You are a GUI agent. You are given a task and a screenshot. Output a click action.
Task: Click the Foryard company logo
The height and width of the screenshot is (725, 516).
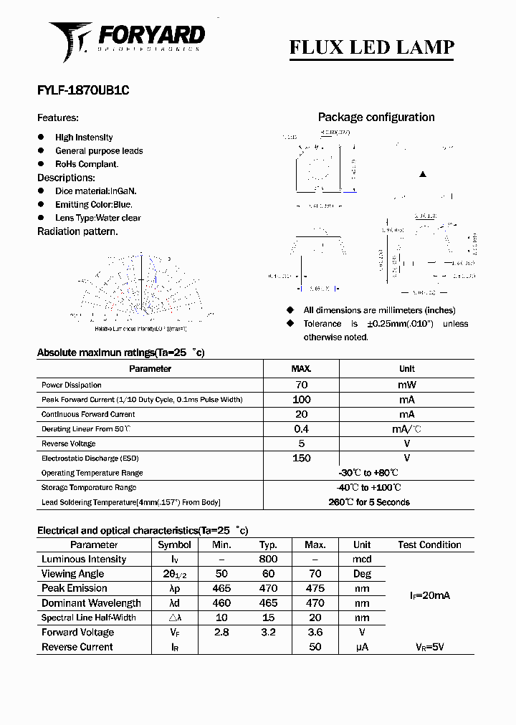[127, 40]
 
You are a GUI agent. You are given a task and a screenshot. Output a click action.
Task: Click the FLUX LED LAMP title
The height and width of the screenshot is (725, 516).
[371, 47]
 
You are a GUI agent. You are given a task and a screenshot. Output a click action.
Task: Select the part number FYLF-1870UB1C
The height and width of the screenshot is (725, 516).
[83, 91]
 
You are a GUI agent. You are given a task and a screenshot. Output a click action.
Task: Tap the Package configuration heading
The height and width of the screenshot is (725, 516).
[376, 117]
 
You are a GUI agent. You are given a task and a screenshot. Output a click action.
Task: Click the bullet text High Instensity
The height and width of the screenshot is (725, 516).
[84, 138]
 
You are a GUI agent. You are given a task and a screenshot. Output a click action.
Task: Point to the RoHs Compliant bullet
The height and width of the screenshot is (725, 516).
[87, 164]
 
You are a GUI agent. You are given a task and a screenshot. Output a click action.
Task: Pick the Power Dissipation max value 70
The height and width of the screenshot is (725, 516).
[301, 385]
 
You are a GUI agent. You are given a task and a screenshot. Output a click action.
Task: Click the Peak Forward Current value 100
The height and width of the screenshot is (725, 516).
[301, 400]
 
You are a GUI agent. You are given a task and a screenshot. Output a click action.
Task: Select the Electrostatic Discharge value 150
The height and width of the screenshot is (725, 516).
[301, 458]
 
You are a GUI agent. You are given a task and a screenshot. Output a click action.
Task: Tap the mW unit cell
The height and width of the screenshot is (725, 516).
[406, 385]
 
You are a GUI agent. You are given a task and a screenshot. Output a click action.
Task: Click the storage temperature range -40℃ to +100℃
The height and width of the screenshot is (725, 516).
[369, 488]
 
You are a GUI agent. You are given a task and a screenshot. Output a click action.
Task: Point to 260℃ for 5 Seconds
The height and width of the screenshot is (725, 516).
[369, 502]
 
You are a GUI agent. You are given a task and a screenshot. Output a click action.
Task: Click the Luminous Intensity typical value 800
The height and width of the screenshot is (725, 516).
[268, 560]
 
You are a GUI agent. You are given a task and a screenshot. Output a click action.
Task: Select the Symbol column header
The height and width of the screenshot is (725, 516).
[174, 544]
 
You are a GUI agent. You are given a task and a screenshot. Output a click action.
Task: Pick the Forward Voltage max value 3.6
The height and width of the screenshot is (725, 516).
[315, 633]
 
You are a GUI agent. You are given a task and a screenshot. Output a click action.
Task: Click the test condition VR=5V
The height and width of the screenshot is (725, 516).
[429, 647]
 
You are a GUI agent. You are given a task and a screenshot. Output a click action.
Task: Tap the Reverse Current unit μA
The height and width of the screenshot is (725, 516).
[362, 647]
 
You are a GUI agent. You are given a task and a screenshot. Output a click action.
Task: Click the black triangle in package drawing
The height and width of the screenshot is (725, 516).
[423, 174]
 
